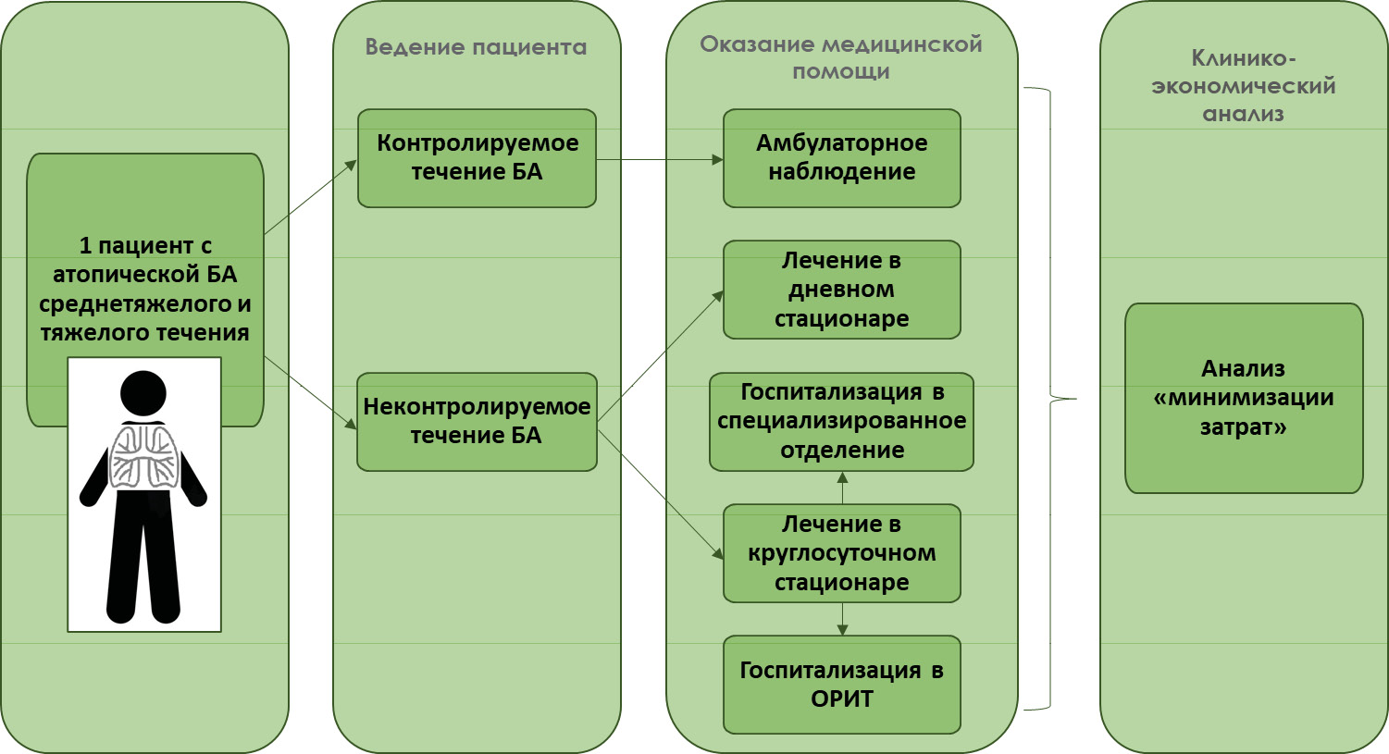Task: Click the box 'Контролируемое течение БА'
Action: point(477,158)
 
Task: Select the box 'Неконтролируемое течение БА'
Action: point(477,422)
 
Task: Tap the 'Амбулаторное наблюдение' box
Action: point(841,158)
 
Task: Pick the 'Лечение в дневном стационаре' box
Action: point(841,290)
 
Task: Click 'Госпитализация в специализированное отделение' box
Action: point(841,422)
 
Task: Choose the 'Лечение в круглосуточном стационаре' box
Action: point(841,553)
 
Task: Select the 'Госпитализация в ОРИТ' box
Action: point(841,685)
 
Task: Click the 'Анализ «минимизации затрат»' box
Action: point(1244,398)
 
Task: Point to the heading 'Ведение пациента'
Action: point(476,47)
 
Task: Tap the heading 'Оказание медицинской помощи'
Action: point(840,57)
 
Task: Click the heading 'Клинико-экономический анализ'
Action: point(1244,86)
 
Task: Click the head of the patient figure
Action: point(143,392)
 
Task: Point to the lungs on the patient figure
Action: point(143,456)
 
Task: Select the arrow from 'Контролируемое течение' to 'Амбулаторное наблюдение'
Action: point(659,159)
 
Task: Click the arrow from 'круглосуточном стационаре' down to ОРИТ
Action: point(842,619)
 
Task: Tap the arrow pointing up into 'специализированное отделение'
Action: point(842,488)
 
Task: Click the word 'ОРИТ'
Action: point(841,698)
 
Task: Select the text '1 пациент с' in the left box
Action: point(145,246)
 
